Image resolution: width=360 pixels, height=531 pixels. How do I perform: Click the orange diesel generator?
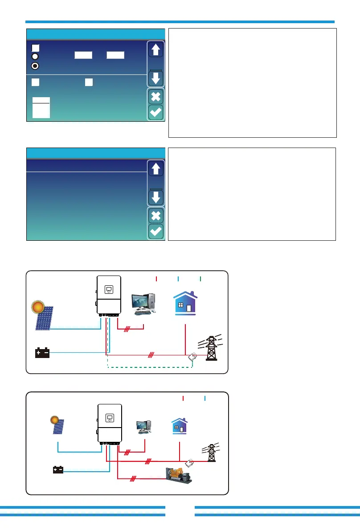click(x=179, y=476)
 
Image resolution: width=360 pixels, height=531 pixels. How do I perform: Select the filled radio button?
click(x=35, y=66)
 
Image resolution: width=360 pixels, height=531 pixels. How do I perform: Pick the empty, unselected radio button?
click(x=35, y=56)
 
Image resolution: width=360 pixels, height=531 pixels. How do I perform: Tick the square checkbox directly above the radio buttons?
click(x=36, y=47)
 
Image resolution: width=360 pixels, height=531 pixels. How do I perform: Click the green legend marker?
click(x=200, y=279)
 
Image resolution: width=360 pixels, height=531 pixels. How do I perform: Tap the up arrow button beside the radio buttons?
click(x=156, y=50)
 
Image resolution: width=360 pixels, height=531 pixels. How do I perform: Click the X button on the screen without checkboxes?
click(x=156, y=216)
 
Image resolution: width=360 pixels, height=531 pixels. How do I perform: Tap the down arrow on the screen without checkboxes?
click(x=156, y=197)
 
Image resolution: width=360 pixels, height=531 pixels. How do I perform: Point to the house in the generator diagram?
click(x=179, y=426)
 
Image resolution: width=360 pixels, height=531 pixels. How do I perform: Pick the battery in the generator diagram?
click(x=58, y=469)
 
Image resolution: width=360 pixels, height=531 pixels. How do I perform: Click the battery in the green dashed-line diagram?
click(x=42, y=353)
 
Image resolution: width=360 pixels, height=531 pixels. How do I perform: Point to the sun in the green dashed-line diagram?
click(x=37, y=308)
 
